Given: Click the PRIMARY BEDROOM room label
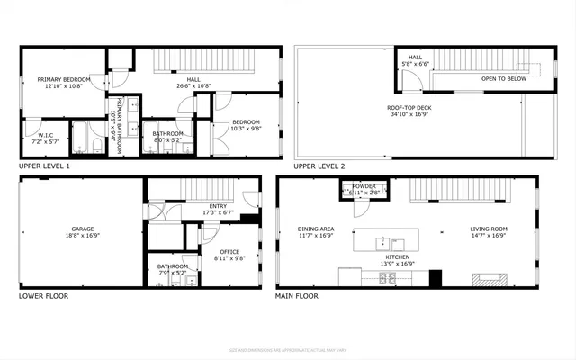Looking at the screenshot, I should pos(60,80).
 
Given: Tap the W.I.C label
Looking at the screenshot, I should pos(39,136).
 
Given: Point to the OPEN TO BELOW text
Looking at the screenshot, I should pos(504,79).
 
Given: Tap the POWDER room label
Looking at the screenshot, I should pos(364,186).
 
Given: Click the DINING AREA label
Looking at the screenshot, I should pos(316,229).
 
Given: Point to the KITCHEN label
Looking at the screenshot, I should pos(398,257).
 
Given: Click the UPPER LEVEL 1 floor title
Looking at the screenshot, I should pos(44,166).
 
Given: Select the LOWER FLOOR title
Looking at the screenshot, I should pos(43,295).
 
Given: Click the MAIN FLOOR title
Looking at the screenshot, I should pos(298,295).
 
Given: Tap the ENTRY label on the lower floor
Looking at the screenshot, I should pos(218,205).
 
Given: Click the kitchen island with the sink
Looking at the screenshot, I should pos(386,241).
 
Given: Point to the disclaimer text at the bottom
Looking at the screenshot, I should pos(288,350).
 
